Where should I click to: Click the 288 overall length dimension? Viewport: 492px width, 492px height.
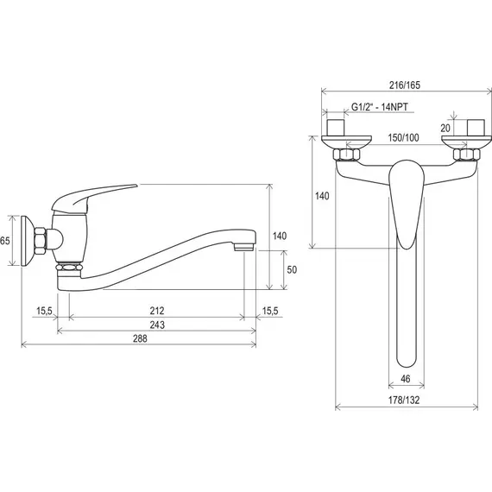click(x=140, y=338)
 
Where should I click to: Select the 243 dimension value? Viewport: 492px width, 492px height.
click(x=157, y=325)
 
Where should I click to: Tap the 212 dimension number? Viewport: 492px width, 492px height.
click(x=157, y=311)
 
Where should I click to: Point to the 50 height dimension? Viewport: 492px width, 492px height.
click(x=292, y=269)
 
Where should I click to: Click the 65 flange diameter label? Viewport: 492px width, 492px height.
click(x=5, y=241)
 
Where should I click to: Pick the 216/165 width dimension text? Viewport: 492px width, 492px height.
click(x=405, y=85)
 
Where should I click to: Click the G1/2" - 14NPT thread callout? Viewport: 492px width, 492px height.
click(x=380, y=107)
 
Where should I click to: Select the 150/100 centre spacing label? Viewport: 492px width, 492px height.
click(x=403, y=137)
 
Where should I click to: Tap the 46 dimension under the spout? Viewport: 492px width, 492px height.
click(x=406, y=379)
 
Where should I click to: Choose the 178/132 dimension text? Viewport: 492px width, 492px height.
click(x=404, y=400)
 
